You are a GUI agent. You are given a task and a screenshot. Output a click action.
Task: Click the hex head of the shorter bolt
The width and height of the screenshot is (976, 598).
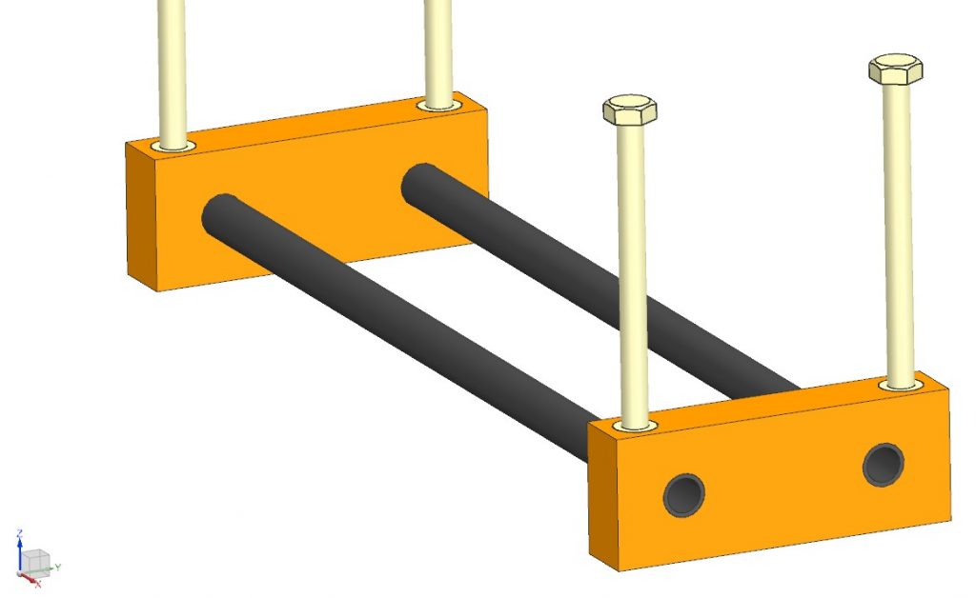(x=629, y=109)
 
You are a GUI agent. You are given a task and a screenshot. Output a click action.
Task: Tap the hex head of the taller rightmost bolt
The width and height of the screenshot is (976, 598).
(x=895, y=70)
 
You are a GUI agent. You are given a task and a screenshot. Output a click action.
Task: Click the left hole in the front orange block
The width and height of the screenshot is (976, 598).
(x=684, y=493)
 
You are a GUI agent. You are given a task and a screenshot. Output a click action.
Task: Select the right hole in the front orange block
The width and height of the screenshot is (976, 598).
(x=884, y=464)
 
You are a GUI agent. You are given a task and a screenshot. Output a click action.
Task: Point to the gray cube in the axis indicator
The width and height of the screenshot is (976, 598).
(x=34, y=561)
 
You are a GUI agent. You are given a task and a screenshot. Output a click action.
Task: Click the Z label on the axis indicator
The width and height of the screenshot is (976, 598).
(x=20, y=535)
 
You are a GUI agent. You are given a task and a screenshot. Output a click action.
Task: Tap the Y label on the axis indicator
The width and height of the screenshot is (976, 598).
(x=58, y=567)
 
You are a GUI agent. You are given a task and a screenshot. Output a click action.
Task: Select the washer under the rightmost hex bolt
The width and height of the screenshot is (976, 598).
(x=901, y=384)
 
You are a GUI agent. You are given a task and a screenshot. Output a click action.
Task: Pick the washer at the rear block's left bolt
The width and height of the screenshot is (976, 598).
(x=173, y=147)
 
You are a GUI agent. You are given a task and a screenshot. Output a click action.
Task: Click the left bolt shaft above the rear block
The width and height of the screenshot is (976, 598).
(x=173, y=67)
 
